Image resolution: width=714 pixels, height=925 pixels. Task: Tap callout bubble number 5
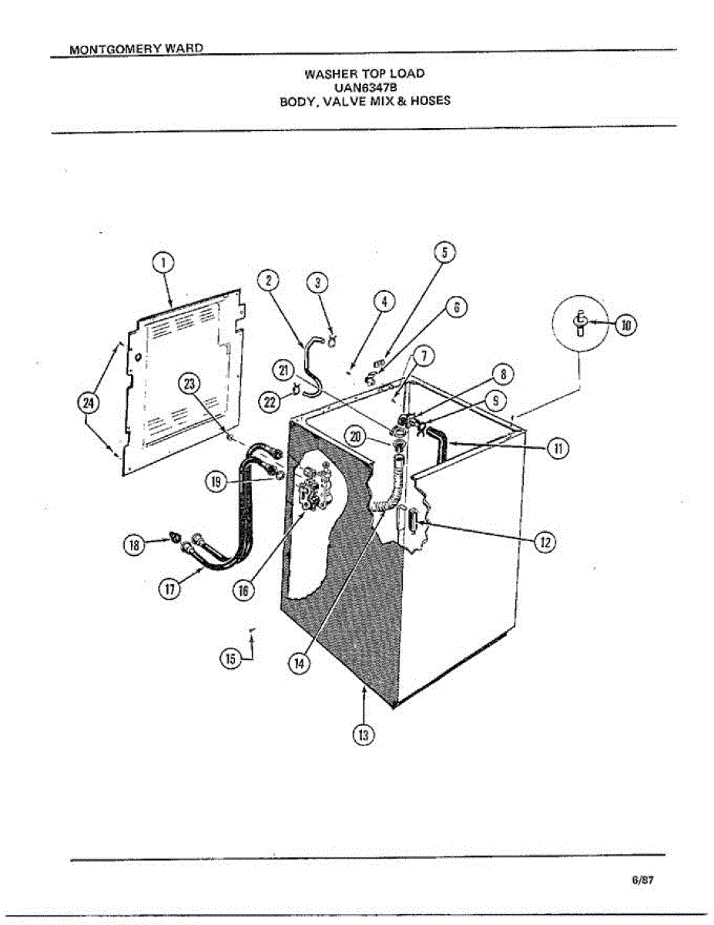click(x=444, y=253)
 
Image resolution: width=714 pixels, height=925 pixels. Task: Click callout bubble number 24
click(x=89, y=402)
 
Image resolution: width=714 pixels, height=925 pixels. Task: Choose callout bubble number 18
click(x=134, y=545)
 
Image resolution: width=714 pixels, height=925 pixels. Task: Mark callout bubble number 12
click(x=545, y=543)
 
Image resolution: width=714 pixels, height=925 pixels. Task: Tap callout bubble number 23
click(x=189, y=383)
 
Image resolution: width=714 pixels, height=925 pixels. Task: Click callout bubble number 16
click(x=243, y=590)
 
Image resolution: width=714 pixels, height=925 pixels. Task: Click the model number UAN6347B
click(x=365, y=87)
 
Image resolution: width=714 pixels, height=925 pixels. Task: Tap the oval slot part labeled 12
click(x=411, y=525)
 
